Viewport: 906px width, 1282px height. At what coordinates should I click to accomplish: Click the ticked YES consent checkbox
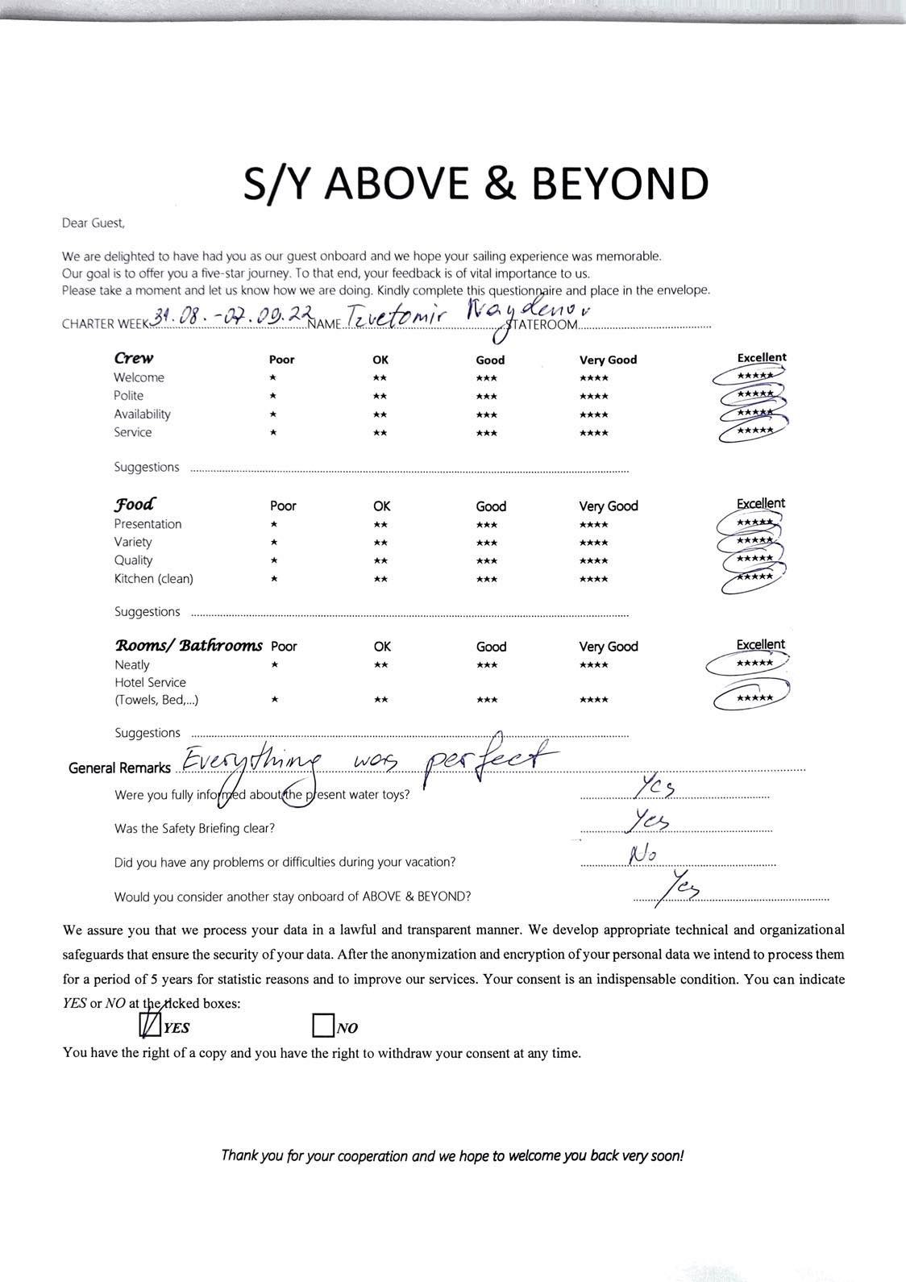click(x=150, y=1025)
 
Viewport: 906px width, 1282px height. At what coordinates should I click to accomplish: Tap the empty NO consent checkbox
click(x=322, y=1026)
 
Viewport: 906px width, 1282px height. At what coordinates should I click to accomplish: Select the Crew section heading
click(x=134, y=358)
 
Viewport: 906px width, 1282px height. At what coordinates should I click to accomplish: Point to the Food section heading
click(x=135, y=505)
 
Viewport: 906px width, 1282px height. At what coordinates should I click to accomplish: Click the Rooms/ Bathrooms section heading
click(x=189, y=645)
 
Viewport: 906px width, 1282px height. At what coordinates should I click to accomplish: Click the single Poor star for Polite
click(x=274, y=396)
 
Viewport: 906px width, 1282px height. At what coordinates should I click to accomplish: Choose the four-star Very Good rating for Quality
click(x=593, y=560)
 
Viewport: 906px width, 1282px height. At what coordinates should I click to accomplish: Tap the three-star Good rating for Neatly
click(x=486, y=665)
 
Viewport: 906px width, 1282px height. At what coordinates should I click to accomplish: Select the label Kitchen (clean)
click(x=153, y=579)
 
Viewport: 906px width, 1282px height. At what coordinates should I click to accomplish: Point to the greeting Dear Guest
click(x=93, y=223)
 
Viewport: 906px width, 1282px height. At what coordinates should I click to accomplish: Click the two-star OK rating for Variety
click(x=380, y=543)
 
